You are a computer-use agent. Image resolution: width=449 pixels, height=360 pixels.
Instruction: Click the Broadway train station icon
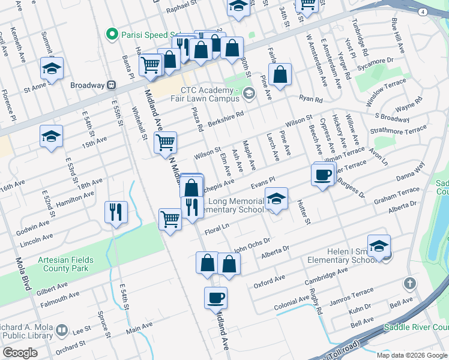click(112, 85)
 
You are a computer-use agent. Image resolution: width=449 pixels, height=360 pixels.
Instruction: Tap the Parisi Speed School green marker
click(111, 34)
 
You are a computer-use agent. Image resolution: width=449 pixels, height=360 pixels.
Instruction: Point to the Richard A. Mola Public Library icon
click(61, 330)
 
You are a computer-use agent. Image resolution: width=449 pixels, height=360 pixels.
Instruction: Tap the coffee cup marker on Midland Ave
click(215, 297)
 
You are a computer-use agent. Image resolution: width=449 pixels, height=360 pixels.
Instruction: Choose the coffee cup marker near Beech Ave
click(323, 175)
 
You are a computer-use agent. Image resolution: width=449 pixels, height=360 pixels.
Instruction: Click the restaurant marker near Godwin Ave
click(116, 212)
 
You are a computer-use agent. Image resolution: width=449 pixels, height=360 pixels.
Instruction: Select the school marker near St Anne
click(52, 69)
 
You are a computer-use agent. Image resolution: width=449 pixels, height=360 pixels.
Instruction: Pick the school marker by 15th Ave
click(52, 137)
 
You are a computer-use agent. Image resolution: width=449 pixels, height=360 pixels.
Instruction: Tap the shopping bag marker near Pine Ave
click(280, 75)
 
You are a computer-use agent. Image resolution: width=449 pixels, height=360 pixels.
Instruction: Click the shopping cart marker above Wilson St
click(164, 143)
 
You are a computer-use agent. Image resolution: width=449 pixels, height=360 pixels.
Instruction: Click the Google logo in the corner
click(20, 353)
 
